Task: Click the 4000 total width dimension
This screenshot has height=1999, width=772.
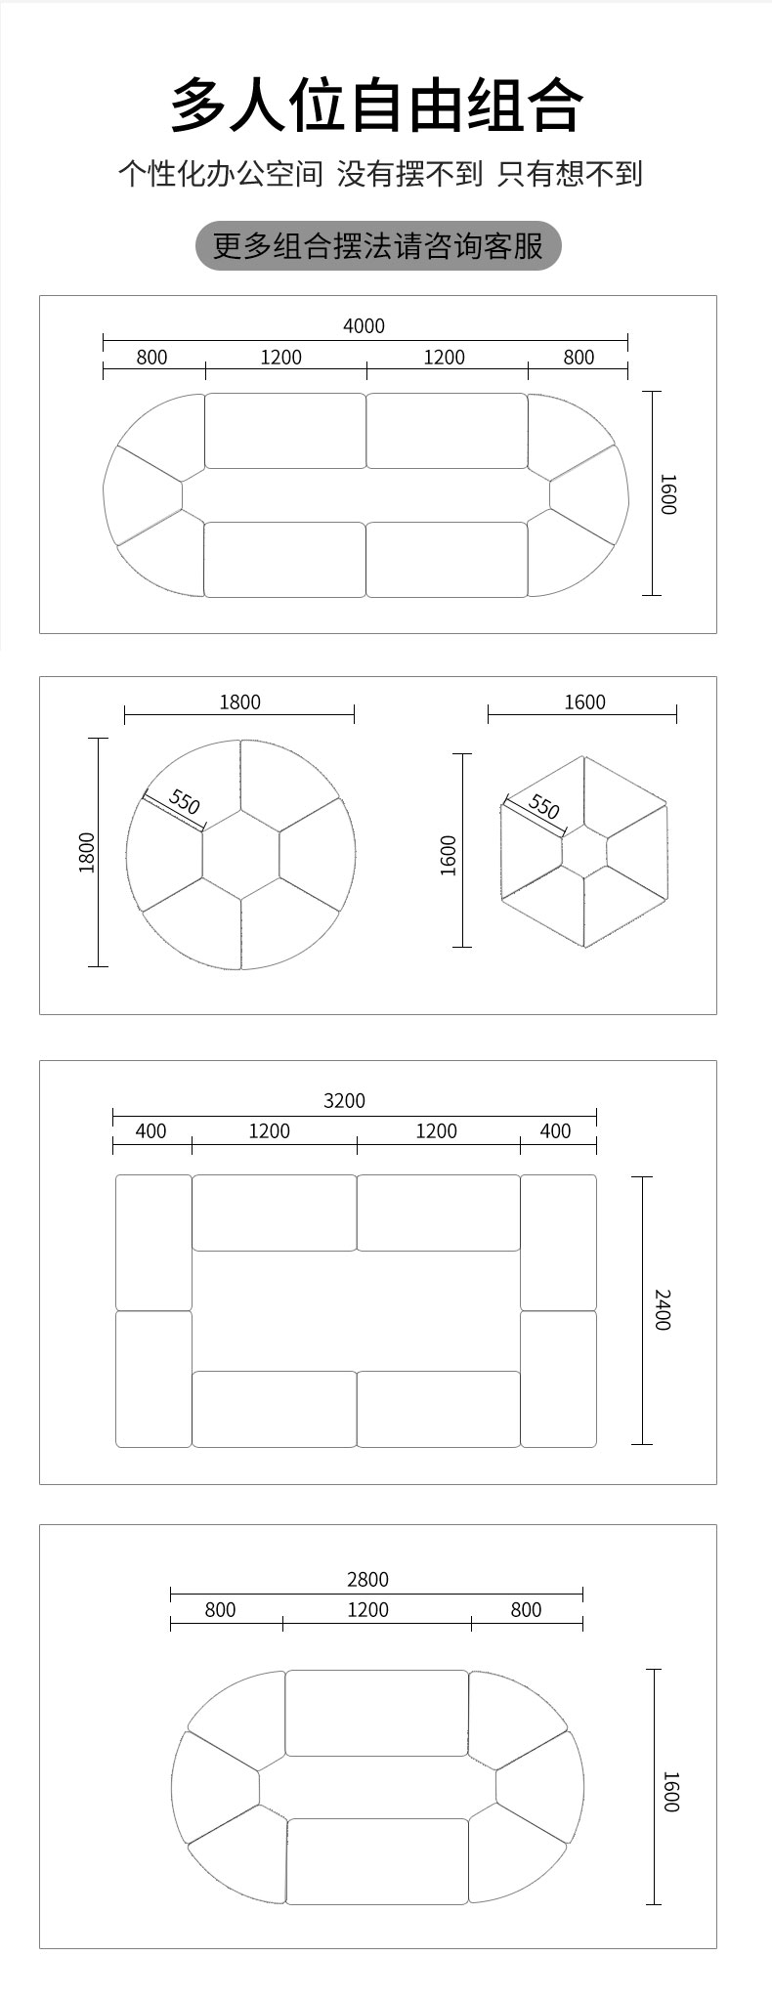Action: click(x=364, y=326)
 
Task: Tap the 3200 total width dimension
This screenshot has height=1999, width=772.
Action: click(x=344, y=1101)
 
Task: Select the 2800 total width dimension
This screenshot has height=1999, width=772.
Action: click(x=367, y=1580)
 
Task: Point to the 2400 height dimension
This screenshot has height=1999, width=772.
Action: click(x=663, y=1309)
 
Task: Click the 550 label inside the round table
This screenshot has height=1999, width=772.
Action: click(x=184, y=802)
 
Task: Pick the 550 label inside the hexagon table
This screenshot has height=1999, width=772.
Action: click(x=543, y=807)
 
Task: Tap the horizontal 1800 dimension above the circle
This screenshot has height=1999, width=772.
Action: click(x=239, y=702)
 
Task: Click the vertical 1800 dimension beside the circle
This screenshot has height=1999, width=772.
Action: click(x=87, y=852)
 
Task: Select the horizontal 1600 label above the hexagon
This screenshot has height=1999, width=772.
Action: click(x=584, y=702)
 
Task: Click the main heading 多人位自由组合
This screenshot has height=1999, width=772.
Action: click(x=377, y=105)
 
